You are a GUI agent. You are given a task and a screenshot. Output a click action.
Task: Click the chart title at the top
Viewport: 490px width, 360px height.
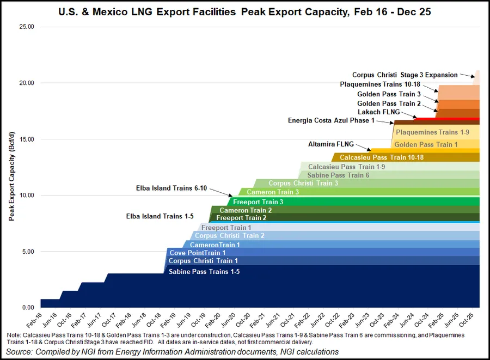tap(244, 11)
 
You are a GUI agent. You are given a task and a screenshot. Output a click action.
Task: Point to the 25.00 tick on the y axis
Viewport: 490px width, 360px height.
tap(26, 27)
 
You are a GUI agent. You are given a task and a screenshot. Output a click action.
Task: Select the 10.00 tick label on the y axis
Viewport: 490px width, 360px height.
tap(26, 195)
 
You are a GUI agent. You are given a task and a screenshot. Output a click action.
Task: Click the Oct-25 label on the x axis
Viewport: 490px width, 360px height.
tap(473, 319)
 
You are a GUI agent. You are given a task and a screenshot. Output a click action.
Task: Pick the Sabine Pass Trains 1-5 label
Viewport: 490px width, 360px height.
tap(204, 272)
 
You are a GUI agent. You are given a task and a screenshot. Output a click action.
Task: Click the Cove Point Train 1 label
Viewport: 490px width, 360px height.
tap(197, 253)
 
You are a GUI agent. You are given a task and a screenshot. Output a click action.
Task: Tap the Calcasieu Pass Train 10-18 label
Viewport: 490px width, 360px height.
tap(382, 157)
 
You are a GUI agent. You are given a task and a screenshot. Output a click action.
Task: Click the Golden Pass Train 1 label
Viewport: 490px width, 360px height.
tap(426, 144)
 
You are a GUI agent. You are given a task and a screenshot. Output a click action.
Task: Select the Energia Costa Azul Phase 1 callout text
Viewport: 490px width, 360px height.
tap(331, 120)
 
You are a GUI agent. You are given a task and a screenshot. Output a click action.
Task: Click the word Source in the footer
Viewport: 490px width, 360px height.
tap(21, 352)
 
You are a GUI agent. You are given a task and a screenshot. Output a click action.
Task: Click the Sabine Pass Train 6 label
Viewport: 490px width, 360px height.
tap(338, 175)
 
